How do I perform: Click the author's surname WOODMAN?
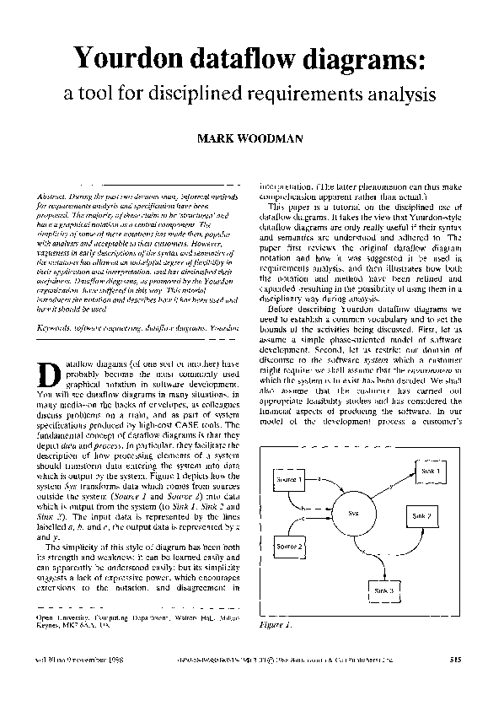click(x=275, y=139)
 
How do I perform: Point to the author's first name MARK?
click(x=215, y=139)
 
